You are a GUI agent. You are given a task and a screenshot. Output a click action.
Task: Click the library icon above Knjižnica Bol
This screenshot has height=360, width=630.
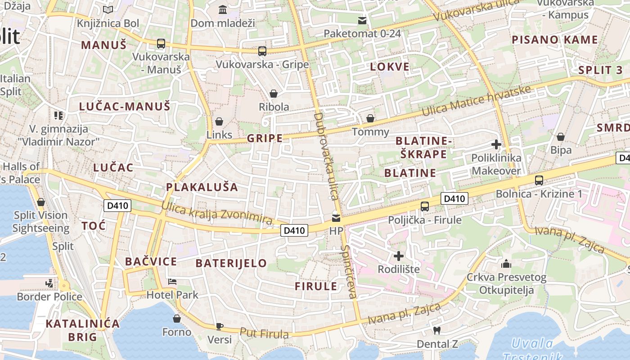tap(108, 9)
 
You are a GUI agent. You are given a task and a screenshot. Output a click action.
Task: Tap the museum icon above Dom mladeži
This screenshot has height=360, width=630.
tap(223, 9)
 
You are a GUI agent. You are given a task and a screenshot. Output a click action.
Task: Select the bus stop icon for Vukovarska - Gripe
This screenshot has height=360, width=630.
tap(262, 51)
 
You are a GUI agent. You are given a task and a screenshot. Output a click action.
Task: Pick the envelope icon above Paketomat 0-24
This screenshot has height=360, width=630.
tap(362, 21)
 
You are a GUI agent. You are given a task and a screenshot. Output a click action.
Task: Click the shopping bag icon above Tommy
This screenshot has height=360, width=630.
tap(370, 118)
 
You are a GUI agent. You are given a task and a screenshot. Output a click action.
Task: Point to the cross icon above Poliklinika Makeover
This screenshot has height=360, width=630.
tap(496, 144)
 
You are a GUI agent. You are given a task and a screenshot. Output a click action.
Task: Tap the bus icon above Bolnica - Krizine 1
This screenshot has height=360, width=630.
tap(539, 180)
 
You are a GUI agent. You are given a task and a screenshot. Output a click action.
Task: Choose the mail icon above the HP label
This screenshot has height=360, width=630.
tap(336, 218)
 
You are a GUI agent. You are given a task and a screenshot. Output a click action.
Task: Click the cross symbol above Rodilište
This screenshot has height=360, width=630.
tap(399, 256)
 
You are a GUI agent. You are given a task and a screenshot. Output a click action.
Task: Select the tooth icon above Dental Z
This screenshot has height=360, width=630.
tap(436, 331)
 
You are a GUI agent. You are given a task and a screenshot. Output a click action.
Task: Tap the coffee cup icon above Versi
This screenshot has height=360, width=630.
tap(220, 326)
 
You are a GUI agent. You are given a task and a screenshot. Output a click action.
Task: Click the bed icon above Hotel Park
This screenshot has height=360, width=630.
tap(172, 282)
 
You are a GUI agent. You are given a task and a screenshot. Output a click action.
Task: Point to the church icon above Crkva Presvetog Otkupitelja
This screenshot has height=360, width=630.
tap(506, 263)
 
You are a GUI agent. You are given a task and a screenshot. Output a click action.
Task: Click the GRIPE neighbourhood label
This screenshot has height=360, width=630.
tap(265, 138)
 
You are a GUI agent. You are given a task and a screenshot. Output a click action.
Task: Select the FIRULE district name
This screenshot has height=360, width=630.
tap(316, 286)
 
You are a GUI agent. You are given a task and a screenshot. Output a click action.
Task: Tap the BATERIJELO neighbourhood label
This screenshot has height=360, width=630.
tap(231, 263)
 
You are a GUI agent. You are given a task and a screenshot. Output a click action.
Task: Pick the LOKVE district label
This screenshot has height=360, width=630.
tap(390, 67)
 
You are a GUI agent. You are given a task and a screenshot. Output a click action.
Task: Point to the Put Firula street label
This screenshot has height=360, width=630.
tap(264, 333)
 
